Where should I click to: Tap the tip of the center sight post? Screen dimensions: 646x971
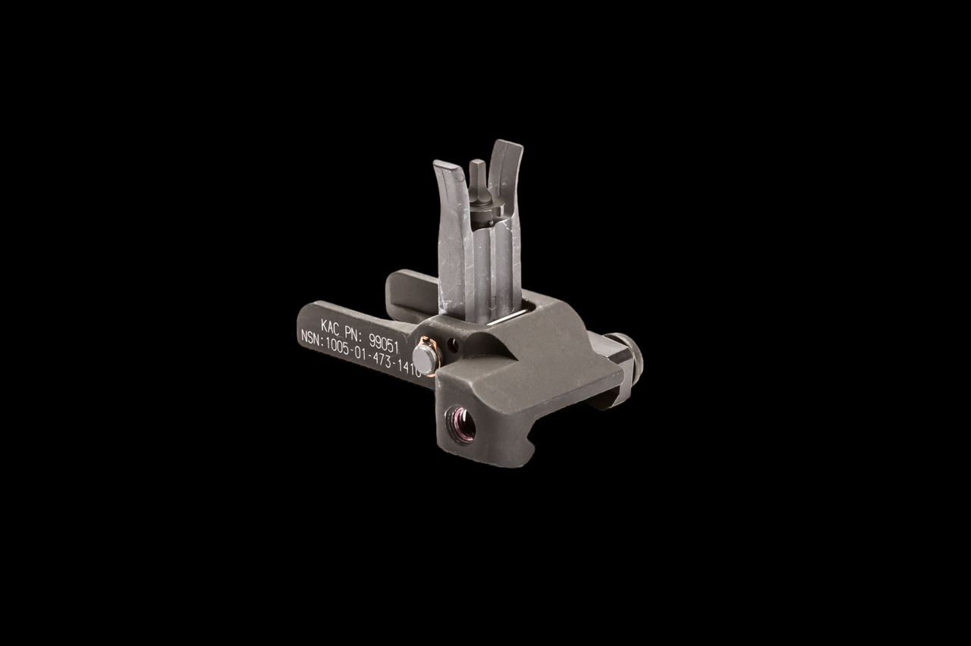coord(476,165)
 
